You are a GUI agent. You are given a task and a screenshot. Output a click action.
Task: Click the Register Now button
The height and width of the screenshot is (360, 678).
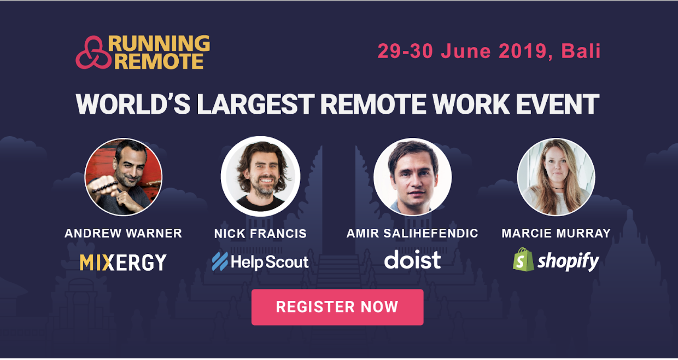(x=337, y=307)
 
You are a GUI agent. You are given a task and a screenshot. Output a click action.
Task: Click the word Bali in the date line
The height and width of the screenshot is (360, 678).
(x=581, y=51)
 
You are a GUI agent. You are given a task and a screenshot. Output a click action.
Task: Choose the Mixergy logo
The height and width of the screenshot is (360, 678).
(x=123, y=262)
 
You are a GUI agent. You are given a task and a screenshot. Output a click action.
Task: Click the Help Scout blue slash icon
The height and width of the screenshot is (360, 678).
(x=220, y=262)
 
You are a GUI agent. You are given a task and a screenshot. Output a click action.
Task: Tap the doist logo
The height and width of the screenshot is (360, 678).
(x=412, y=259)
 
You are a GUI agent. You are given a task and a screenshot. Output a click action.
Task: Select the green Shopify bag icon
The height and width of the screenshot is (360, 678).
(x=523, y=259)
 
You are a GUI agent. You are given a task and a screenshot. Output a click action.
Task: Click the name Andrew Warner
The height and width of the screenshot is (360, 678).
(x=123, y=233)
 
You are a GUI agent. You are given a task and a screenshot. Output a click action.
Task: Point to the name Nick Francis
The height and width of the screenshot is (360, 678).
(x=260, y=234)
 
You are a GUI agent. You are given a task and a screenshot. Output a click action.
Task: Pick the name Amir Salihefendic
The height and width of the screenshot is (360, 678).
(x=412, y=233)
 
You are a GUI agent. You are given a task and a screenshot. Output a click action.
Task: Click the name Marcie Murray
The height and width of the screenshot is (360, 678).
(x=556, y=233)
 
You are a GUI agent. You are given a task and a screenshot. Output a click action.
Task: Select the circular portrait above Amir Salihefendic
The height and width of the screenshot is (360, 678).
(x=413, y=177)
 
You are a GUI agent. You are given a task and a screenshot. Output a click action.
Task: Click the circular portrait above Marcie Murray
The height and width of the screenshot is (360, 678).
(x=556, y=177)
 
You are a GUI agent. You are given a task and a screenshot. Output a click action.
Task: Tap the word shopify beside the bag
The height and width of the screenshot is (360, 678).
(x=568, y=261)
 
